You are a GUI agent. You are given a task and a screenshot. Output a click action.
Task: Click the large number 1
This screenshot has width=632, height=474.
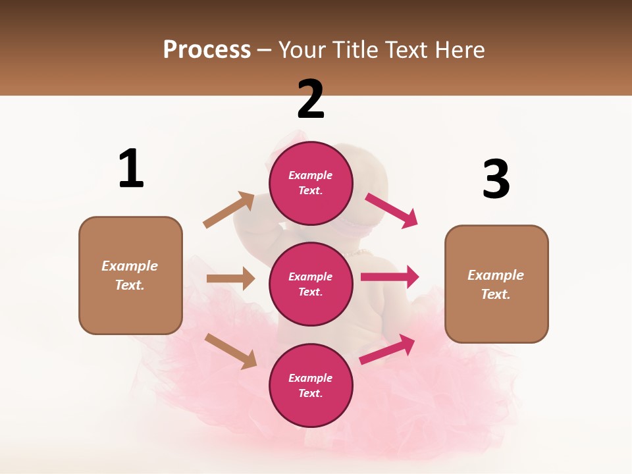(x=131, y=169)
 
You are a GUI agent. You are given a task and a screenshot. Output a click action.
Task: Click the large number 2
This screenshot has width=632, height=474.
(x=311, y=99)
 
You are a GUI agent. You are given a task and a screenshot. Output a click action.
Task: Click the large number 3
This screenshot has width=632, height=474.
(x=496, y=179)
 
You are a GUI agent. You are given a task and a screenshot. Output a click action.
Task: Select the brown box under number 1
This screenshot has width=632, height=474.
(x=130, y=275)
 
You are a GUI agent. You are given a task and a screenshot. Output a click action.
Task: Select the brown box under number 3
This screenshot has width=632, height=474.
(x=496, y=284)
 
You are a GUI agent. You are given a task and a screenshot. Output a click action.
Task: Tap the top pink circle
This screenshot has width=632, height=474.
(x=311, y=183)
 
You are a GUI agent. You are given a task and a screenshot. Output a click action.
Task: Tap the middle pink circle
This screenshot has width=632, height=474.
(x=311, y=284)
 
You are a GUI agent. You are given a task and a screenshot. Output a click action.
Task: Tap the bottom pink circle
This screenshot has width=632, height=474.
(x=311, y=385)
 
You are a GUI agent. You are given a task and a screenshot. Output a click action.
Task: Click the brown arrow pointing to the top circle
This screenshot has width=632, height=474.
(x=229, y=209)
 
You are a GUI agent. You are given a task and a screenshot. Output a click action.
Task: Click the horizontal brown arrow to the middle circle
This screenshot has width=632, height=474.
(x=230, y=278)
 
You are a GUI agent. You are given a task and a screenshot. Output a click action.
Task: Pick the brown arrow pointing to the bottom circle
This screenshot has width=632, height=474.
(x=230, y=350)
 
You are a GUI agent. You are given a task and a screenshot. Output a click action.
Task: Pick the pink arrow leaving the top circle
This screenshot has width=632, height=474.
(x=392, y=211)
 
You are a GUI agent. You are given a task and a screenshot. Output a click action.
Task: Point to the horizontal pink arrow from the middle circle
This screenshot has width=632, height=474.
(x=389, y=277)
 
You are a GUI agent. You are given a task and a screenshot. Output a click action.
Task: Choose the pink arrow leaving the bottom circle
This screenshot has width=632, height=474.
(x=388, y=349)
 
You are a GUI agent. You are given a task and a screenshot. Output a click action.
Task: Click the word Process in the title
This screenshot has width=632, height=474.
(x=207, y=49)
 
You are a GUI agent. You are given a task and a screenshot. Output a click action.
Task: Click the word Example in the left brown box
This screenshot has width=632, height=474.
(x=130, y=266)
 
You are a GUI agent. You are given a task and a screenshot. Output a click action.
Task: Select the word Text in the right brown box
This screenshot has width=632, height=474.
(x=495, y=294)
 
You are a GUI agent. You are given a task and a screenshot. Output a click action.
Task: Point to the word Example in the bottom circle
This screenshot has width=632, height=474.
(x=311, y=378)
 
